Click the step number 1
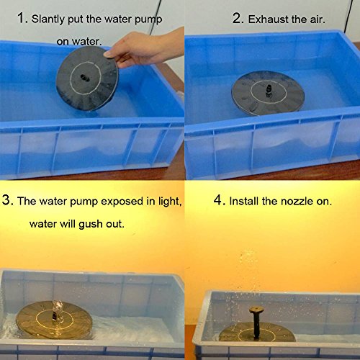pyautogui.click(x=21, y=18)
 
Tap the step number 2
pyautogui.click(x=237, y=18)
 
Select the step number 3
pyautogui.click(x=6, y=199)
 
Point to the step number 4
pyautogui.click(x=218, y=199)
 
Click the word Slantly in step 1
pyautogui.click(x=48, y=19)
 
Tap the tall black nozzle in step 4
pyautogui.click(x=256, y=323)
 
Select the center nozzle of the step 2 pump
pyautogui.click(x=269, y=91)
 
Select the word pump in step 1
pyautogui.click(x=148, y=19)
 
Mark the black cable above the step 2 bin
pyautogui.click(x=348, y=17)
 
